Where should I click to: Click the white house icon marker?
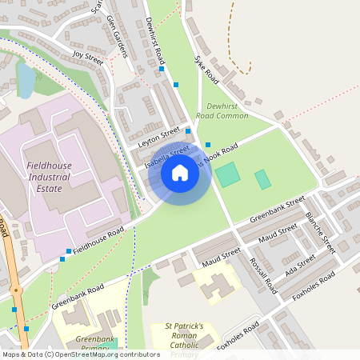tap(180, 172)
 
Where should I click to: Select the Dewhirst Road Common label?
tap(227, 110)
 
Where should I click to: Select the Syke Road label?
tap(206, 70)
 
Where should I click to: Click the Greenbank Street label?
tap(278, 208)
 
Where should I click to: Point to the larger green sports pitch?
tap(228, 174)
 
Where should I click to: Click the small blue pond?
tap(25, 80)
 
